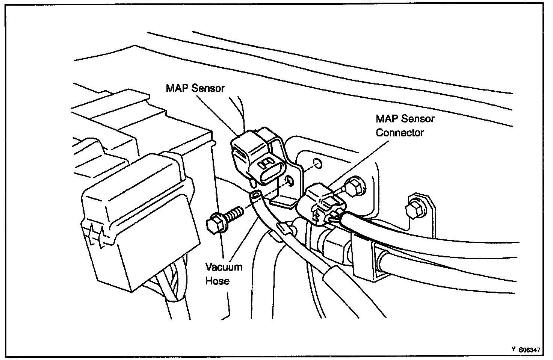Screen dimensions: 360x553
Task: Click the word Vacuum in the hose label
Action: (x=224, y=267)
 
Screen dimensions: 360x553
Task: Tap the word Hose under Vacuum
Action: (x=217, y=281)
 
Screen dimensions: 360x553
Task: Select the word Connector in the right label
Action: (x=400, y=133)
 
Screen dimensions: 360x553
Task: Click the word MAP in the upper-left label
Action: (x=177, y=88)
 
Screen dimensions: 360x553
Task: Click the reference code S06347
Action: (x=530, y=349)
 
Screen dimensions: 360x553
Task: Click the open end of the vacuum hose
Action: (x=255, y=195)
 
